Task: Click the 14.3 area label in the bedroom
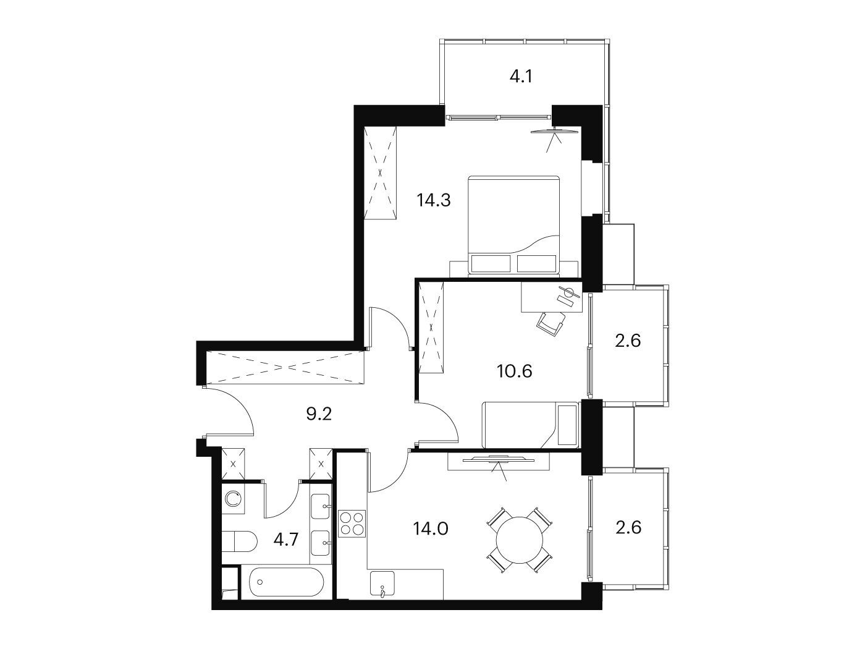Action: (x=434, y=200)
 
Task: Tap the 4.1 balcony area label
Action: (x=521, y=76)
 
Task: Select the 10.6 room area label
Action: (x=515, y=371)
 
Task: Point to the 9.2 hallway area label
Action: (x=319, y=414)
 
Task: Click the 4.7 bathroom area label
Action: (x=286, y=540)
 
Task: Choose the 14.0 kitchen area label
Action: (x=430, y=528)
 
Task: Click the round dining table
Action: (x=520, y=540)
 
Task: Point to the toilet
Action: (x=239, y=541)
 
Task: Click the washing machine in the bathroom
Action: (x=233, y=499)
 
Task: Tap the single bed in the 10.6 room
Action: (x=530, y=425)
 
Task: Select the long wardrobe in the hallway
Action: (x=284, y=367)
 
